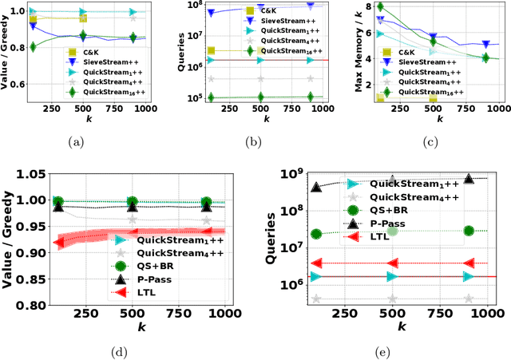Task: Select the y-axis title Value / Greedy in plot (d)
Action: click(11, 239)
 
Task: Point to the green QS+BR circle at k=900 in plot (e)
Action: click(469, 231)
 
